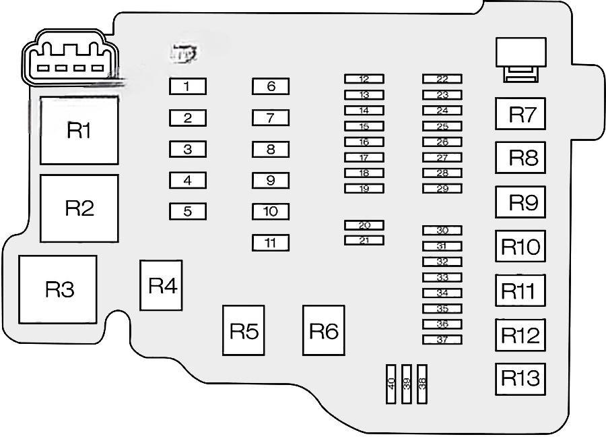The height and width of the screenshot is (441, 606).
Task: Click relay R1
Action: (79, 130)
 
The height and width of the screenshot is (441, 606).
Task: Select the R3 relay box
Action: (59, 289)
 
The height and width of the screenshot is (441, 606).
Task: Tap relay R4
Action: (162, 286)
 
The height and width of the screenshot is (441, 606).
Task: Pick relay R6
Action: (323, 330)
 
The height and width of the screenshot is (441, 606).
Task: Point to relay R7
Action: (520, 114)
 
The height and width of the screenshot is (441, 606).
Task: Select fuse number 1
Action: (187, 86)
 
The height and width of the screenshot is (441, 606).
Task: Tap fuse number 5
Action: (187, 212)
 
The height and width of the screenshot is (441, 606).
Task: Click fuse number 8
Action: (271, 149)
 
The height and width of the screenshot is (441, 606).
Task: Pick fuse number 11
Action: (271, 243)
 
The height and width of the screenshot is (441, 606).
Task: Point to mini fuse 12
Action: (364, 79)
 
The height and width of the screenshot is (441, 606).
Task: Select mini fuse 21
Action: (364, 241)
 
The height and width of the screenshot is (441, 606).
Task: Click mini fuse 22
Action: (442, 79)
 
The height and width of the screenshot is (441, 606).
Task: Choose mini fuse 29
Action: (442, 189)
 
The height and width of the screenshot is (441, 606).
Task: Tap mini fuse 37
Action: (442, 340)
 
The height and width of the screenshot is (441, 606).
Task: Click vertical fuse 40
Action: (391, 384)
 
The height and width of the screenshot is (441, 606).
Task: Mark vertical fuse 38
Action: (422, 384)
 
